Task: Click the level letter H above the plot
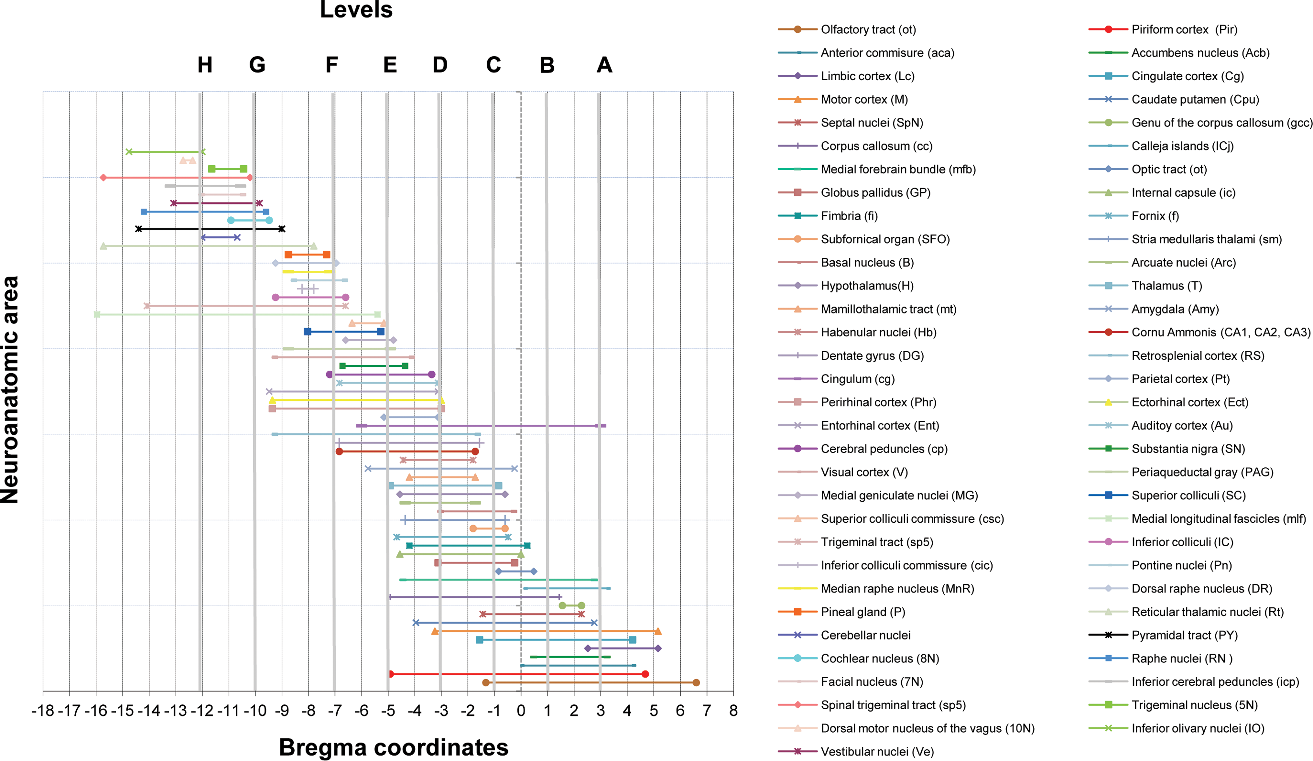pos(205,65)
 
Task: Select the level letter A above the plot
pos(604,65)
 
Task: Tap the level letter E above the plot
pos(390,65)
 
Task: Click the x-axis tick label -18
pos(43,711)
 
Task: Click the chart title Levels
pos(356,9)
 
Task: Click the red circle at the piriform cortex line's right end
pos(645,674)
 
